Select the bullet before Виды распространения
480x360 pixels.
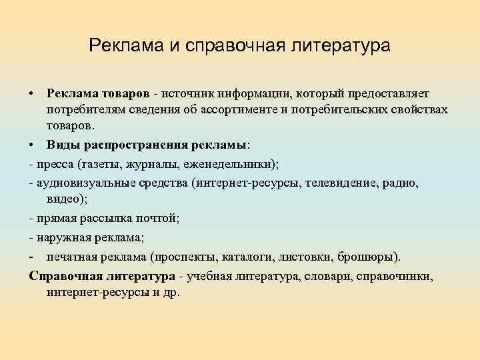tap(32, 144)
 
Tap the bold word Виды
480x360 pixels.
tap(62, 144)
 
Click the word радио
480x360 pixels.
tap(402, 182)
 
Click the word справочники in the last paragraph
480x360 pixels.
tap(395, 276)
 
